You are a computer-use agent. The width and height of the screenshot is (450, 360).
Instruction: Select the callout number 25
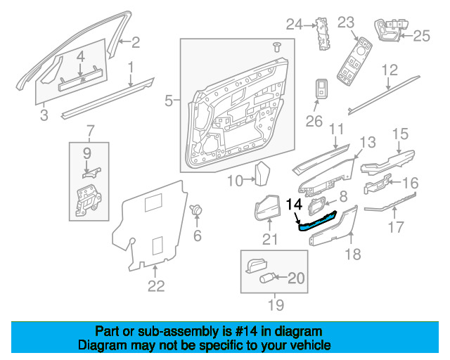click(420, 35)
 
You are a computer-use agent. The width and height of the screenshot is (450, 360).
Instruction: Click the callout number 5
click(168, 103)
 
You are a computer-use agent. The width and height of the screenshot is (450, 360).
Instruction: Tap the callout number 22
click(155, 285)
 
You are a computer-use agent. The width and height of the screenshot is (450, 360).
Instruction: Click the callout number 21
click(271, 239)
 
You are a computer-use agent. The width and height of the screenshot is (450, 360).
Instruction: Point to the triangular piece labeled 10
click(263, 173)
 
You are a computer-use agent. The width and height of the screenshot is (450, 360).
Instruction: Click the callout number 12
click(389, 70)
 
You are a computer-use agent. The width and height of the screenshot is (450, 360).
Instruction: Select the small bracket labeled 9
click(89, 169)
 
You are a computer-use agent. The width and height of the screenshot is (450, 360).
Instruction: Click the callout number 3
click(44, 115)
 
